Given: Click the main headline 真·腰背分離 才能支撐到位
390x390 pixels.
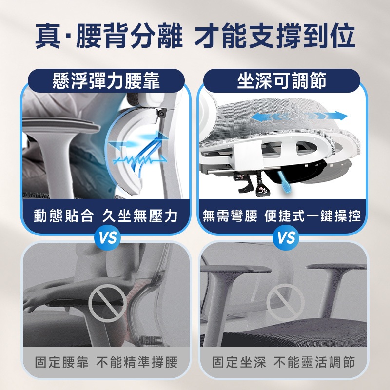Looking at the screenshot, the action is [x=195, y=36].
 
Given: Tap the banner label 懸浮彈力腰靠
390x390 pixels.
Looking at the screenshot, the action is [x=106, y=81].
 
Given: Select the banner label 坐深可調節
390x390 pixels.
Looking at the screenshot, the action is [x=282, y=81].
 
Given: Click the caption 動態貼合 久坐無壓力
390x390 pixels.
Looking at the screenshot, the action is [x=106, y=215].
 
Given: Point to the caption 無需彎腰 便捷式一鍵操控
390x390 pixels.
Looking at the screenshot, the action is [x=282, y=215].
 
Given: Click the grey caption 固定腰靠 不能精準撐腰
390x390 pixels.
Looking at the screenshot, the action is [x=106, y=362].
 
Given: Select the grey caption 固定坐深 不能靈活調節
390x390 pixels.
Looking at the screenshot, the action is [x=284, y=362].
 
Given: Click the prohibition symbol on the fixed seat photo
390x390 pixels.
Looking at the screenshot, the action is [x=286, y=302].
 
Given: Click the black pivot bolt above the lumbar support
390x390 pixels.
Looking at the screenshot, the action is [x=163, y=114].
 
